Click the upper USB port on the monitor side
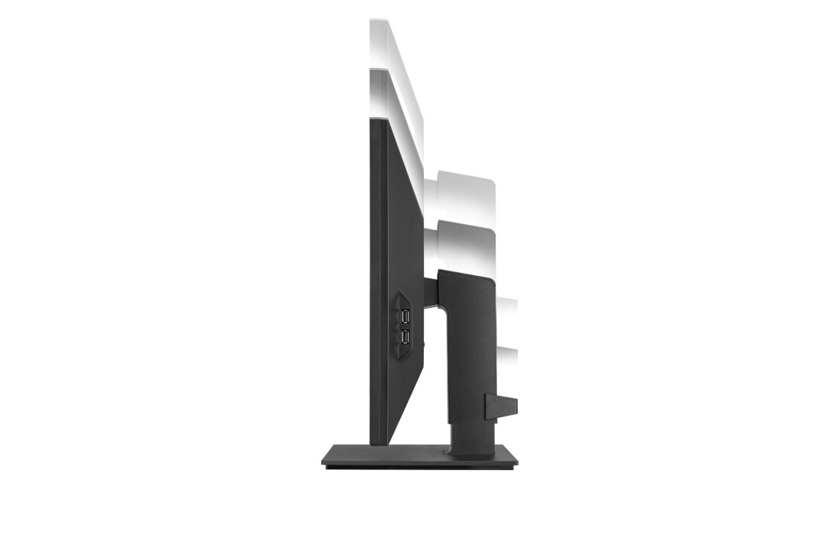[x=404, y=316]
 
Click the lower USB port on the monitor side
[x=404, y=336]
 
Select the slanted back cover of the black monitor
[x=405, y=229]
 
